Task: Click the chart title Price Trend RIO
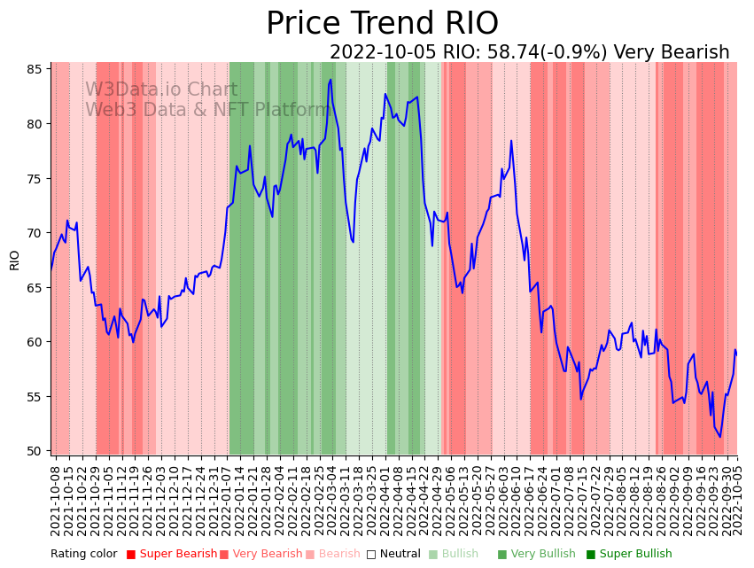pyautogui.click(x=382, y=24)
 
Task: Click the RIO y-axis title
pyautogui.click(x=15, y=260)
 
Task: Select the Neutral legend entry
pyautogui.click(x=393, y=555)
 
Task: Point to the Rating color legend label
pyautogui.click(x=83, y=555)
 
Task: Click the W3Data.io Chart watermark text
pyautogui.click(x=161, y=90)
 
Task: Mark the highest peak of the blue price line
pyautogui.click(x=330, y=80)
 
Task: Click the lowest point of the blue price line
pyautogui.click(x=719, y=437)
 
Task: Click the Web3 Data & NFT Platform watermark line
pyautogui.click(x=206, y=110)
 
